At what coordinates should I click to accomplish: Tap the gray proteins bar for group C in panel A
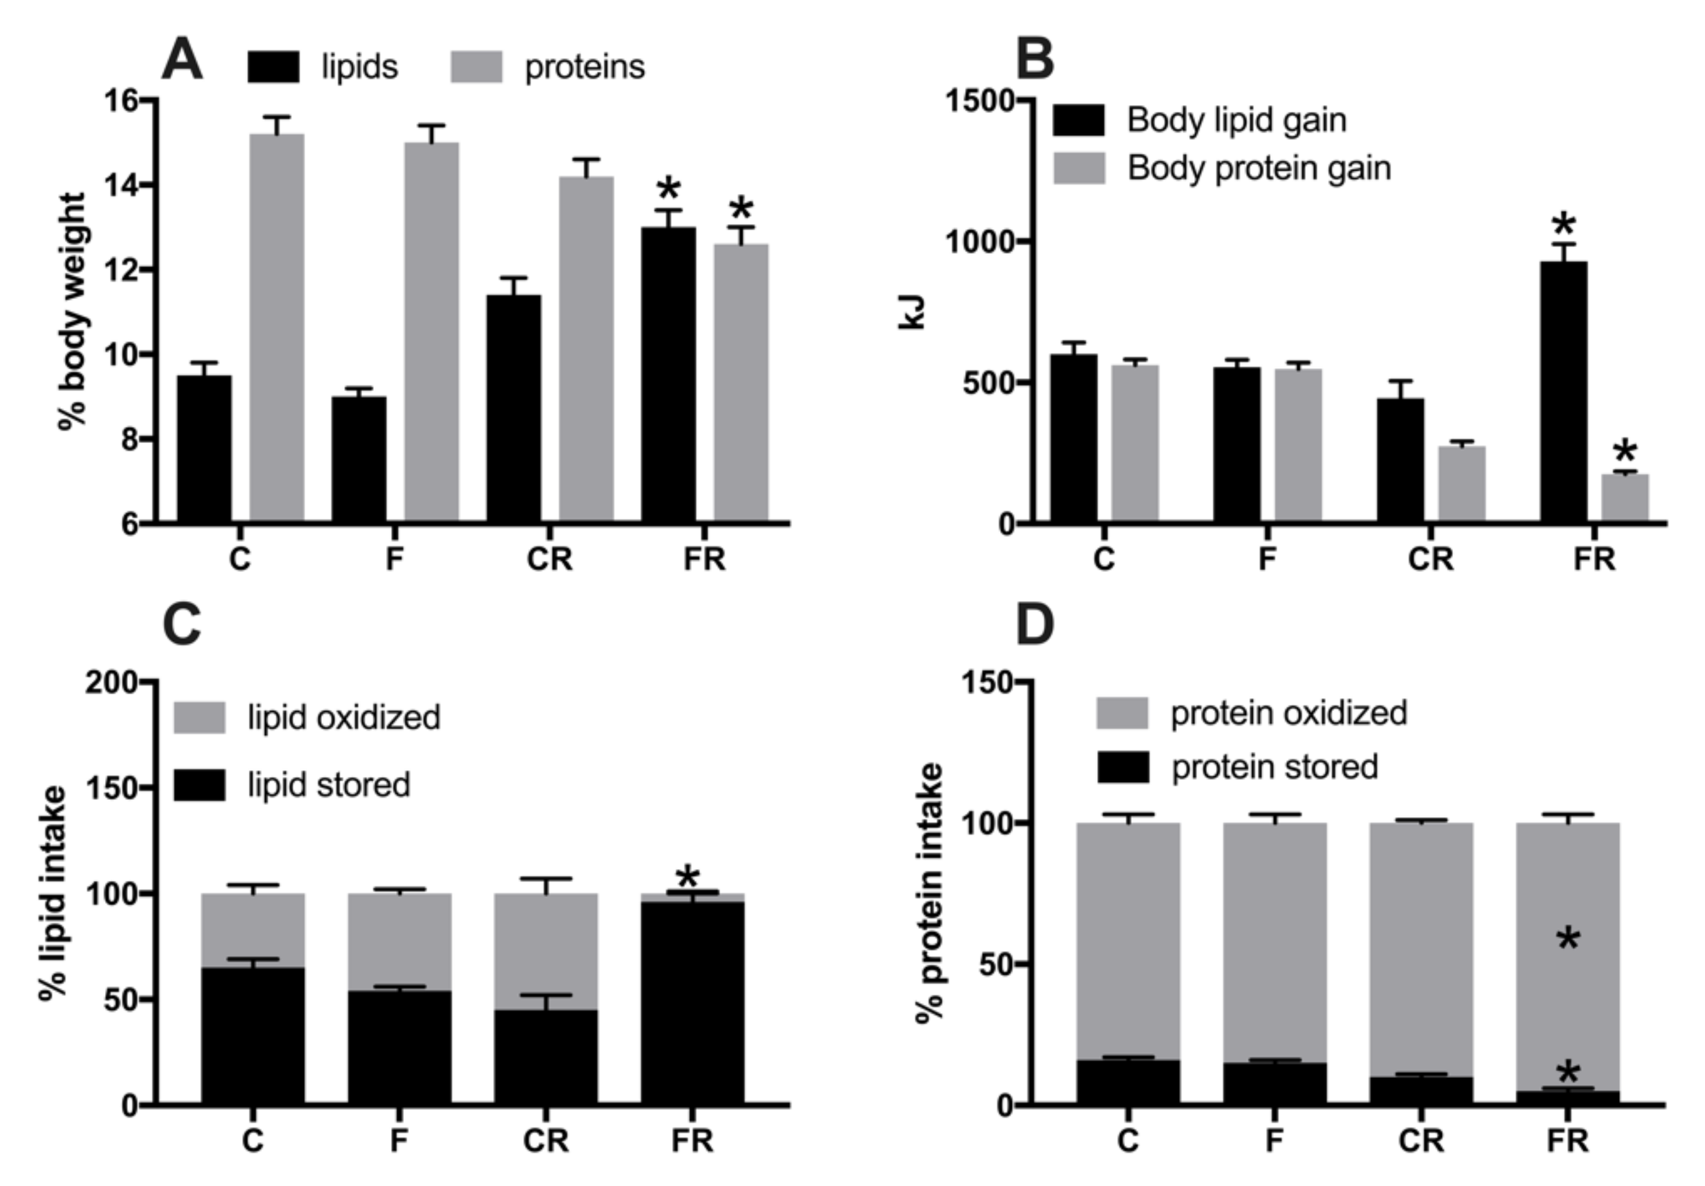coord(276,327)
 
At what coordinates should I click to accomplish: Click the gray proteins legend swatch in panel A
coord(477,67)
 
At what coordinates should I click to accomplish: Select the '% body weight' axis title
coord(73,312)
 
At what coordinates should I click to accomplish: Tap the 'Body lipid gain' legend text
coord(1236,120)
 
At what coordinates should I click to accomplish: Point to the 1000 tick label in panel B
coord(979,242)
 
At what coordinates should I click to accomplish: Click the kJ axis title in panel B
coord(912,312)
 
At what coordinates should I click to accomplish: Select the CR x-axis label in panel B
coord(1430,559)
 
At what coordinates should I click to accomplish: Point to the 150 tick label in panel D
coord(988,682)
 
